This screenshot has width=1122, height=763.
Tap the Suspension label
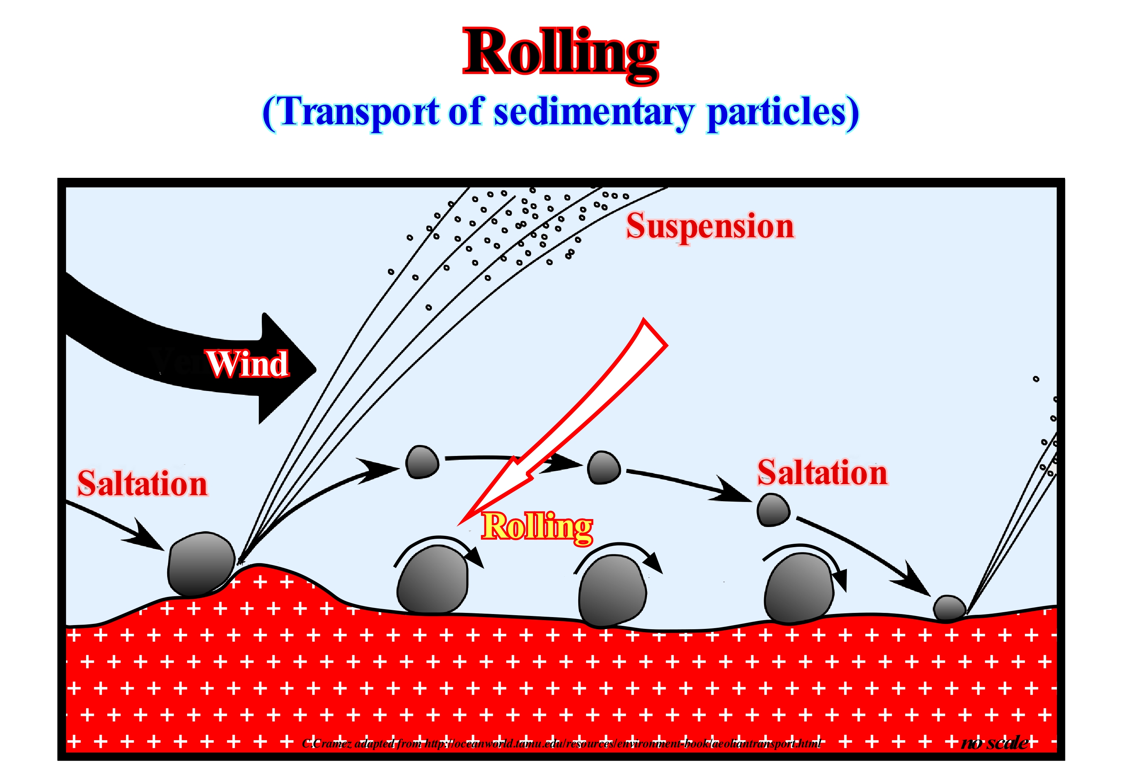click(710, 226)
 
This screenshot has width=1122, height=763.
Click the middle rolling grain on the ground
click(612, 590)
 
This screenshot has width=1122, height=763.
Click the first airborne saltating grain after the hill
click(422, 462)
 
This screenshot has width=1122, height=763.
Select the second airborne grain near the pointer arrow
click(603, 467)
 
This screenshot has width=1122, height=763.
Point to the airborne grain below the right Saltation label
click(773, 510)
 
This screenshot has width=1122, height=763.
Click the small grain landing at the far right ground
click(949, 608)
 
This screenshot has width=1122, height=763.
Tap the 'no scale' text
click(995, 742)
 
